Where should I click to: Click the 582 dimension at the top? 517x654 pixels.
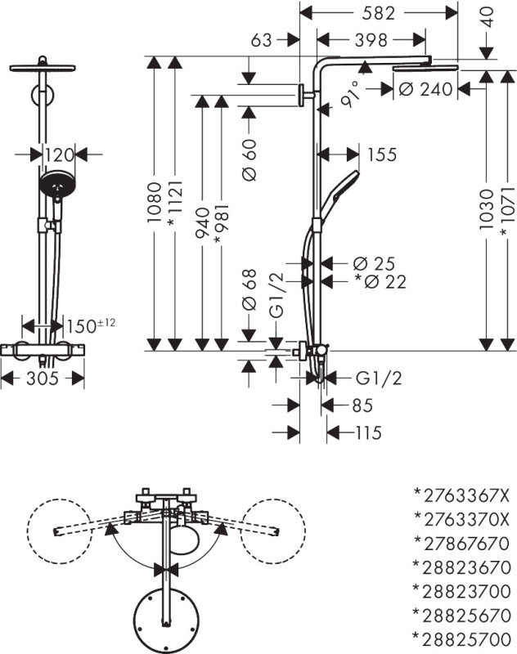pyautogui.click(x=378, y=13)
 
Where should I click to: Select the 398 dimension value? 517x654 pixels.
pyautogui.click(x=371, y=40)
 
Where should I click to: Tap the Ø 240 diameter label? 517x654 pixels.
pyautogui.click(x=425, y=89)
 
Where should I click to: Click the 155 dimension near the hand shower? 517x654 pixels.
pyautogui.click(x=382, y=155)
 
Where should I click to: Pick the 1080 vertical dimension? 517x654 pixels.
pyautogui.click(x=155, y=202)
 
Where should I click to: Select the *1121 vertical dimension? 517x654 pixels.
pyautogui.click(x=174, y=204)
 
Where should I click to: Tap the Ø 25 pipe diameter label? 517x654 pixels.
pyautogui.click(x=374, y=263)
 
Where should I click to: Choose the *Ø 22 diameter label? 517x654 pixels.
pyautogui.click(x=380, y=282)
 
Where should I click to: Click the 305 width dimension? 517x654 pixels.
pyautogui.click(x=43, y=379)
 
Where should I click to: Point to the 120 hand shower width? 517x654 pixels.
pyautogui.click(x=59, y=155)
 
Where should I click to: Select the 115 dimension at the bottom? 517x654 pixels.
pyautogui.click(x=368, y=432)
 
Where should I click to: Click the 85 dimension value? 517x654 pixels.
pyautogui.click(x=362, y=405)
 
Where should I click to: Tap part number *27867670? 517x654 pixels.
pyautogui.click(x=461, y=544)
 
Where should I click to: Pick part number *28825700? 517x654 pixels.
pyautogui.click(x=461, y=639)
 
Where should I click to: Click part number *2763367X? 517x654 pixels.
pyautogui.click(x=461, y=495)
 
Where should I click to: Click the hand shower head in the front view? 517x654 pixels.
pyautogui.click(x=57, y=184)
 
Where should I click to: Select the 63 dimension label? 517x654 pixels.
pyautogui.click(x=261, y=40)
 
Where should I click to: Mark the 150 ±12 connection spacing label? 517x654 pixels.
pyautogui.click(x=91, y=325)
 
